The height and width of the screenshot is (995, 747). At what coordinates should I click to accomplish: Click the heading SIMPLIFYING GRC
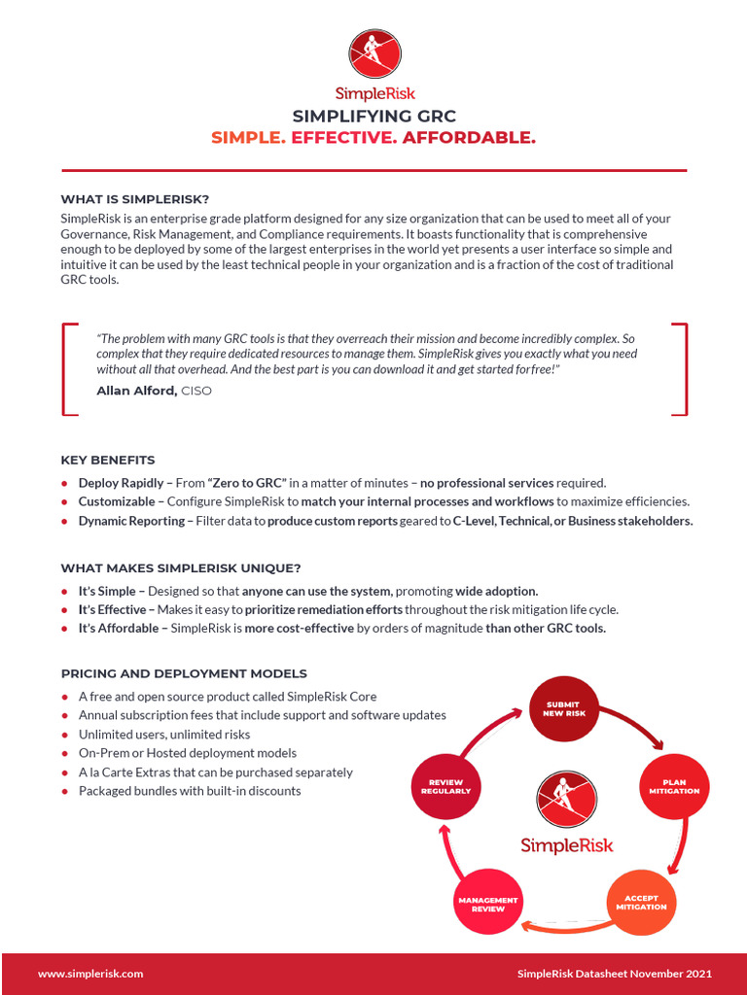click(373, 117)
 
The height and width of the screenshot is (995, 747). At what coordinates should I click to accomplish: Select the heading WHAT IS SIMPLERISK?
click(134, 199)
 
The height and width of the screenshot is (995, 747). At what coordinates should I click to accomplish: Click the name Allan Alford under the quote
click(136, 391)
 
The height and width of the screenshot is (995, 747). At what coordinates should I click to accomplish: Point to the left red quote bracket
click(68, 369)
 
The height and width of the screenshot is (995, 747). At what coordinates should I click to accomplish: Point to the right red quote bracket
click(680, 369)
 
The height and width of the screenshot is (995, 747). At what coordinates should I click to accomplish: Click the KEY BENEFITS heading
click(107, 460)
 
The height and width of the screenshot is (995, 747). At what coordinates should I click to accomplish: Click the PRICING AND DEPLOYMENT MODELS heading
click(183, 673)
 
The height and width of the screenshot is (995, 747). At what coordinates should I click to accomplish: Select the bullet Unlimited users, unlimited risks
click(163, 735)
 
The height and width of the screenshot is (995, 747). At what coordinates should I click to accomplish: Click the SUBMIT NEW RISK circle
click(565, 708)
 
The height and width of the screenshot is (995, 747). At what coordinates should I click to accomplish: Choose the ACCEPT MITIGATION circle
click(641, 903)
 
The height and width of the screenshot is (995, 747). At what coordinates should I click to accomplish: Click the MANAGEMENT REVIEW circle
click(488, 903)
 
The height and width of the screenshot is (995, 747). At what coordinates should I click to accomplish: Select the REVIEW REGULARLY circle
click(445, 786)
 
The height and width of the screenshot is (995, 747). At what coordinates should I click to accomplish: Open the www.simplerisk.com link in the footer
click(90, 974)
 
